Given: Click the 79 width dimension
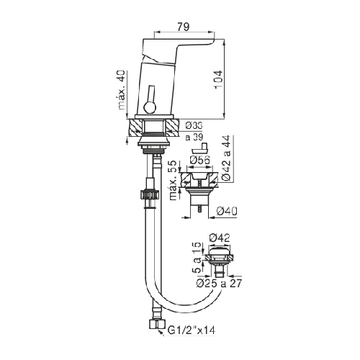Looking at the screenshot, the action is (184, 27).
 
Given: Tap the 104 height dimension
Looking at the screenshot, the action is (218, 80).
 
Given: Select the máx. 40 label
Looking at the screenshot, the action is (122, 90).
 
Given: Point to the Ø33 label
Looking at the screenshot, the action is (194, 125).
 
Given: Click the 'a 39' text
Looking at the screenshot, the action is (194, 137).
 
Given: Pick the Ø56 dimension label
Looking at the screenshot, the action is (199, 160).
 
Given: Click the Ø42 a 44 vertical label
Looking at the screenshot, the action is (225, 158).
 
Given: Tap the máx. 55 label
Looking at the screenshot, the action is (174, 181).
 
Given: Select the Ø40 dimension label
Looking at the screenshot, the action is (227, 212).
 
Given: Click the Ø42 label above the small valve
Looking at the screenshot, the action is (220, 238).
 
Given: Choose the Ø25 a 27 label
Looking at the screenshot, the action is (219, 284).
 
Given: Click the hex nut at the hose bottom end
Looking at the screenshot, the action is (157, 325).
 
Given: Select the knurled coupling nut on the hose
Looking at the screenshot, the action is (149, 194).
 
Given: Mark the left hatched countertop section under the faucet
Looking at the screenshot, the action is (136, 127).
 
